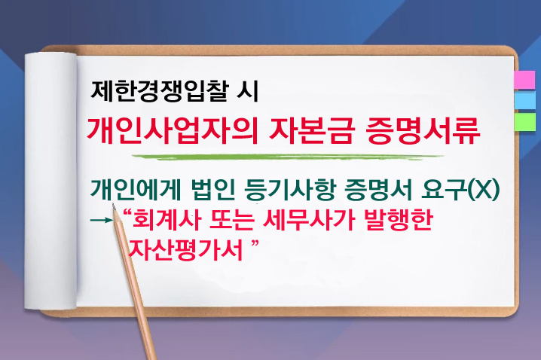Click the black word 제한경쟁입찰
159,91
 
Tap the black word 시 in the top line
248,91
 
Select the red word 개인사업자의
172,131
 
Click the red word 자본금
311,131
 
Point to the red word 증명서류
423,131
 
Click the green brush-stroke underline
287,157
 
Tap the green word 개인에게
136,189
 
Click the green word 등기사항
289,189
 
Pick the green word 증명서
378,189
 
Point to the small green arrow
102,220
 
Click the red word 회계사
167,220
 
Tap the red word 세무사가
309,220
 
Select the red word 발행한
399,220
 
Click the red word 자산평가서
185,249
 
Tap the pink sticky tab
524,80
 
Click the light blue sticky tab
524,100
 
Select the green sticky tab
524,122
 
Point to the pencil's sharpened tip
112,204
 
